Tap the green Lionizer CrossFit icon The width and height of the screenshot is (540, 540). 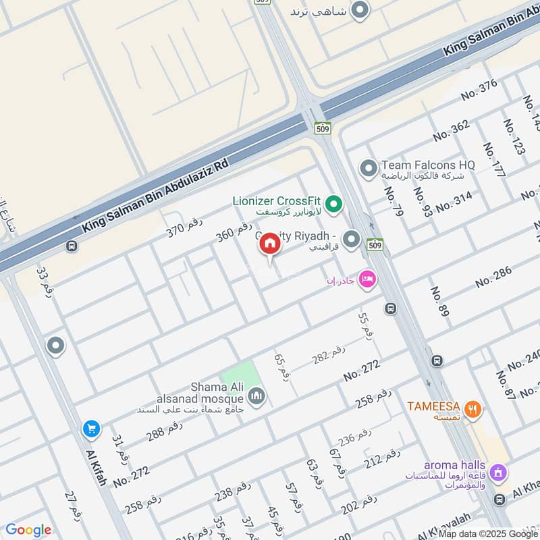(333, 202)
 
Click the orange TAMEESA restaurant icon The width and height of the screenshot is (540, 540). (475, 407)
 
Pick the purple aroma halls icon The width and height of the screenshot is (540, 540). (498, 473)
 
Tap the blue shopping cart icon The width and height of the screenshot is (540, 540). (90, 428)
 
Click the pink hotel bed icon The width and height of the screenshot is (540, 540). (367, 278)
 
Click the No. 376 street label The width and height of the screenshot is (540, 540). (479, 90)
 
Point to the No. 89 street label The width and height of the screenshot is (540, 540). (439, 301)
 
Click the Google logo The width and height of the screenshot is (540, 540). (28, 530)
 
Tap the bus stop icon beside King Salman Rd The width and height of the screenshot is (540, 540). (72, 246)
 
